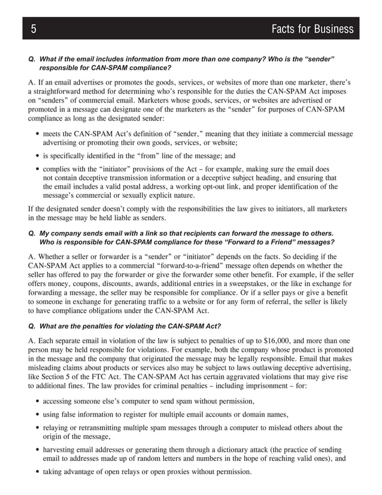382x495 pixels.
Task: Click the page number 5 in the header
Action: [x=34, y=29]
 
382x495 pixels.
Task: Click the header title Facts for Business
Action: [x=312, y=29]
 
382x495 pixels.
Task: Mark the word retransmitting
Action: [x=100, y=428]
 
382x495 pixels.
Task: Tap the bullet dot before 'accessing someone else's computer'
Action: [x=37, y=401]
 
